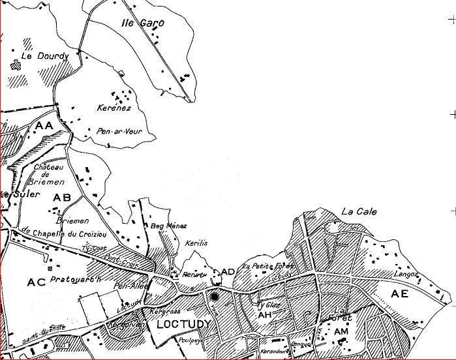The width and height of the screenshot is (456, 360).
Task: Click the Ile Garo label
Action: (143, 23)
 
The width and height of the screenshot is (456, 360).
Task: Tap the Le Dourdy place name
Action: (36, 56)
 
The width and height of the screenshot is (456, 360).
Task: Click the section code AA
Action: (44, 125)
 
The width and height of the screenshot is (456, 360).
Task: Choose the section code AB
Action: (62, 198)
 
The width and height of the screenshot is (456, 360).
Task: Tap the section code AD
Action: (228, 271)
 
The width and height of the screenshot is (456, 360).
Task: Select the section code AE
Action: (399, 294)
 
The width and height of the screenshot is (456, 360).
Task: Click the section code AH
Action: (264, 315)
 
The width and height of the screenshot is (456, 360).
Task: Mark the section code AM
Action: (341, 332)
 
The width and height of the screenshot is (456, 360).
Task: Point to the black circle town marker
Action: (215, 297)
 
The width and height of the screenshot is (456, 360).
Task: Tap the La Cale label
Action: (359, 212)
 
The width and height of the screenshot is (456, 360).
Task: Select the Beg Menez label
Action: (164, 226)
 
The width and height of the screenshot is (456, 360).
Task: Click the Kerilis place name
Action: (196, 243)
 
